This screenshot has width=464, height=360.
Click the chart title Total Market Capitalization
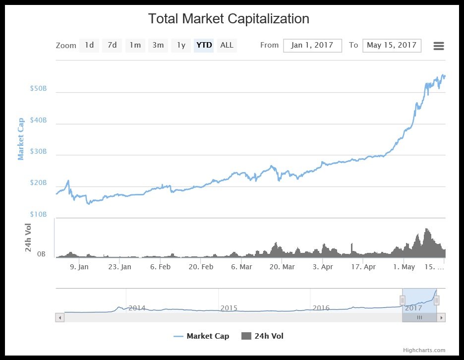(x=229, y=19)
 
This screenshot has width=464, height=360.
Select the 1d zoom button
(x=89, y=45)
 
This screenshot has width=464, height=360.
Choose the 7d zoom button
(x=113, y=45)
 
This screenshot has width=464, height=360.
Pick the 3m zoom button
(x=158, y=45)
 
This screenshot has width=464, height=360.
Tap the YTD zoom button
(x=204, y=45)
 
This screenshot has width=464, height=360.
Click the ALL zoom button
(x=227, y=45)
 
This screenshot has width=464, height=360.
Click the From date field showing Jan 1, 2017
(x=312, y=45)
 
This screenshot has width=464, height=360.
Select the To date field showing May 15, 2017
(x=392, y=45)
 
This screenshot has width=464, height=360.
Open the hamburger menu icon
(x=438, y=46)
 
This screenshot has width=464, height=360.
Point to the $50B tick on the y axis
(x=38, y=88)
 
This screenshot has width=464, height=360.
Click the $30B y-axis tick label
(x=38, y=151)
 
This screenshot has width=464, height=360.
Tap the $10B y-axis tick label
(x=38, y=214)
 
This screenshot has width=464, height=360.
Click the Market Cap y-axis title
(x=21, y=139)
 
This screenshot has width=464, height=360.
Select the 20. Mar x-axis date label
(x=282, y=267)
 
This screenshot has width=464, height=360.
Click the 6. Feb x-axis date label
(x=160, y=267)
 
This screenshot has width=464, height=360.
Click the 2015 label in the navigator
(x=229, y=308)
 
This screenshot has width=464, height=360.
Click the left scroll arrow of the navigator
(x=60, y=317)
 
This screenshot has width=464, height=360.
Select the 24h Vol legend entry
(x=263, y=336)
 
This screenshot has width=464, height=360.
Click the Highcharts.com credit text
(x=424, y=350)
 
